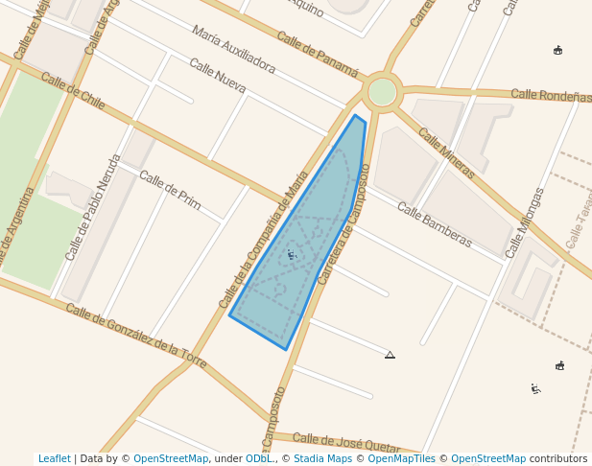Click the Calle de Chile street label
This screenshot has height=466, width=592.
tap(73, 91)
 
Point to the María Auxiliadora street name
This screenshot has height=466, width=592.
tap(233, 50)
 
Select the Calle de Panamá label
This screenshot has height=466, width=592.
tap(318, 55)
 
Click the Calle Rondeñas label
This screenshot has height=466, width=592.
tap(551, 95)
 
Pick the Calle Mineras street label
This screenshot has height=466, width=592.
tap(447, 153)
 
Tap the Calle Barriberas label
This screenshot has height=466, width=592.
tap(434, 224)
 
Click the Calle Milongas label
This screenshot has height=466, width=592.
tap(525, 222)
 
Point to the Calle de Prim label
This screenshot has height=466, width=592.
tap(170, 190)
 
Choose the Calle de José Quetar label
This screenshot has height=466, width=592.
tap(345, 443)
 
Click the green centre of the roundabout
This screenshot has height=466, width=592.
tap(383, 92)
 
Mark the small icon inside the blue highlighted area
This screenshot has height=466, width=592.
tap(291, 255)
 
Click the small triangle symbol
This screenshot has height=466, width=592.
tap(390, 355)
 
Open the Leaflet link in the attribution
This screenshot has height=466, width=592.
tap(54, 459)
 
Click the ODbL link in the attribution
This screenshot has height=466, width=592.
tap(258, 459)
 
